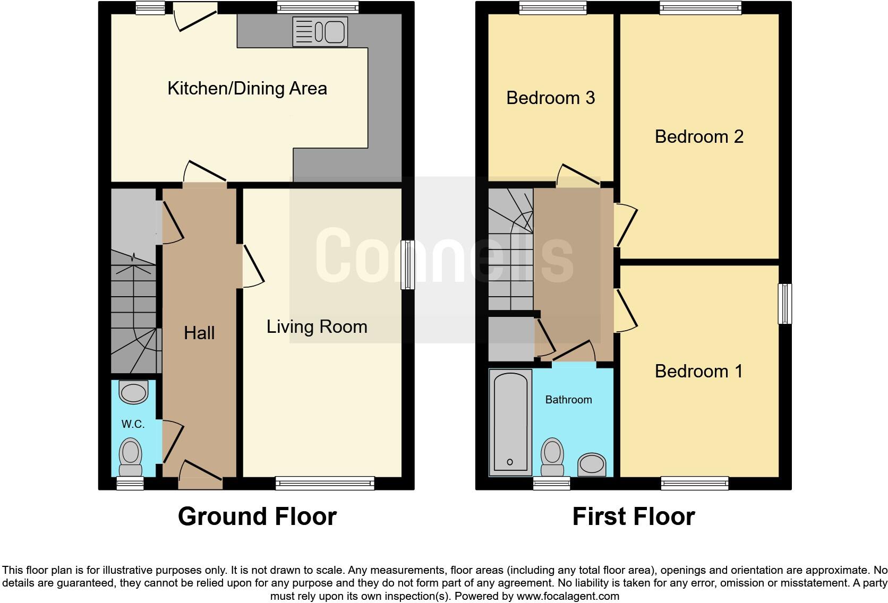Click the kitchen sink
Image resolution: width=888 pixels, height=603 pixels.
point(320,31)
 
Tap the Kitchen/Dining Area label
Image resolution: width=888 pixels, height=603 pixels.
point(247,88)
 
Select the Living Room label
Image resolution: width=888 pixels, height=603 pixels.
point(317,326)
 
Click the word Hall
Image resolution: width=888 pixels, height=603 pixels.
point(199,333)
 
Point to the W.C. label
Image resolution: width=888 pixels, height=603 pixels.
point(133,424)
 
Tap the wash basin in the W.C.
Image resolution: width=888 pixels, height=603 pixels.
point(133,393)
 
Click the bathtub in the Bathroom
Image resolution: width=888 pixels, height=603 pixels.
point(510,422)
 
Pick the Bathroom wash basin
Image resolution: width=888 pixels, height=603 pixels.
point(592,464)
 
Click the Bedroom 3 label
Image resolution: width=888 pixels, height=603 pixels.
point(550,98)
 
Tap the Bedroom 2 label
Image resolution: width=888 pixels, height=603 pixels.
point(698,136)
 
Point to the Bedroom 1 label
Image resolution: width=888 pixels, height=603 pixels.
point(698,371)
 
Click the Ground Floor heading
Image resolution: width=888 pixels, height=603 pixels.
point(257,516)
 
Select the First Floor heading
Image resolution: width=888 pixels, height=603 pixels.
point(633,516)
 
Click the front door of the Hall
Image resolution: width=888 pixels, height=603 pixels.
point(200,476)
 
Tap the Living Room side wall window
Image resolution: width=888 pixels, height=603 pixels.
point(407,264)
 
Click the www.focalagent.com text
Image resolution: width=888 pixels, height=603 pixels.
point(567,596)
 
